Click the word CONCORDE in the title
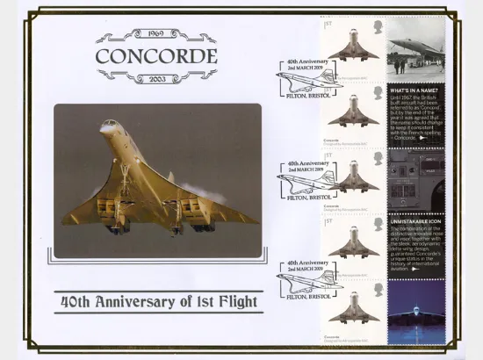coord(155,58)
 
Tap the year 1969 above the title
coord(155,36)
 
